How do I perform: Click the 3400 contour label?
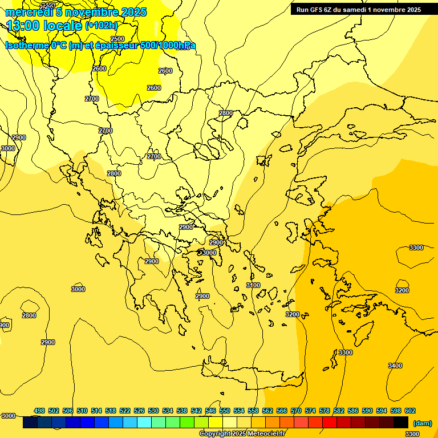(x=395, y=366)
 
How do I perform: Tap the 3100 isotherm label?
(x=253, y=285)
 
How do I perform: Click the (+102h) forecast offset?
(x=102, y=26)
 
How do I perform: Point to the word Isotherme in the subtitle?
(x=26, y=46)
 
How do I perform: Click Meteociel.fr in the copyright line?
(x=265, y=434)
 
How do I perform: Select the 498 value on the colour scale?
(x=39, y=411)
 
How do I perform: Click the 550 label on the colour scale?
(x=224, y=411)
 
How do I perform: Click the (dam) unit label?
(x=422, y=423)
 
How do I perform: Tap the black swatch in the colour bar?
(x=401, y=423)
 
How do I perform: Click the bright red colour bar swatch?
(x=330, y=423)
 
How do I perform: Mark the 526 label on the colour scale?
(x=139, y=411)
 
